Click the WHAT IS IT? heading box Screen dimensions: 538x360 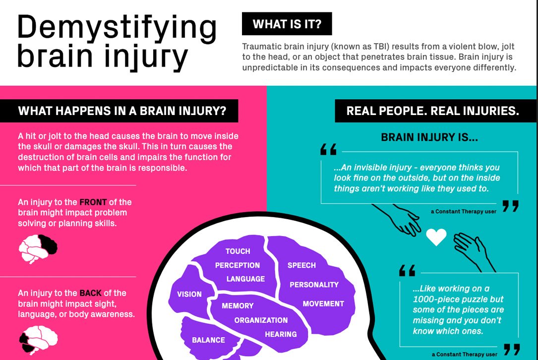[x=287, y=24]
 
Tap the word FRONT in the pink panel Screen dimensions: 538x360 [x=93, y=202]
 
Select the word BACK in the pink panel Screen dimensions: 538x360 [x=91, y=293]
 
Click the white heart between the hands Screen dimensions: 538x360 [x=436, y=237]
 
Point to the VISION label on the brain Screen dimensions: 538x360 [x=189, y=294]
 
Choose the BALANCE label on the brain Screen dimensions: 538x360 [x=208, y=340]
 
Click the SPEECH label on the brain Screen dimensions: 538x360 [x=301, y=265]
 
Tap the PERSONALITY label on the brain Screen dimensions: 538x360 [x=314, y=285]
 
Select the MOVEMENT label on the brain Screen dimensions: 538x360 [x=323, y=303]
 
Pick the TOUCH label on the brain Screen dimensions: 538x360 [x=238, y=251]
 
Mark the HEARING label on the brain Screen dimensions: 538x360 [x=281, y=334]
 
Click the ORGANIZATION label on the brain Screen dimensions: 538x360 [x=261, y=320]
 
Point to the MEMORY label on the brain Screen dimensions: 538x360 [x=238, y=306]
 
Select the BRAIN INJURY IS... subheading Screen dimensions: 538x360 [x=429, y=137]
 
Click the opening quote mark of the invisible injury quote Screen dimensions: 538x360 [x=328, y=149]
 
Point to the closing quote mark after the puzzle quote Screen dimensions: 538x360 [x=512, y=350]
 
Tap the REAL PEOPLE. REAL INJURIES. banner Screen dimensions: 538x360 [x=432, y=111]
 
